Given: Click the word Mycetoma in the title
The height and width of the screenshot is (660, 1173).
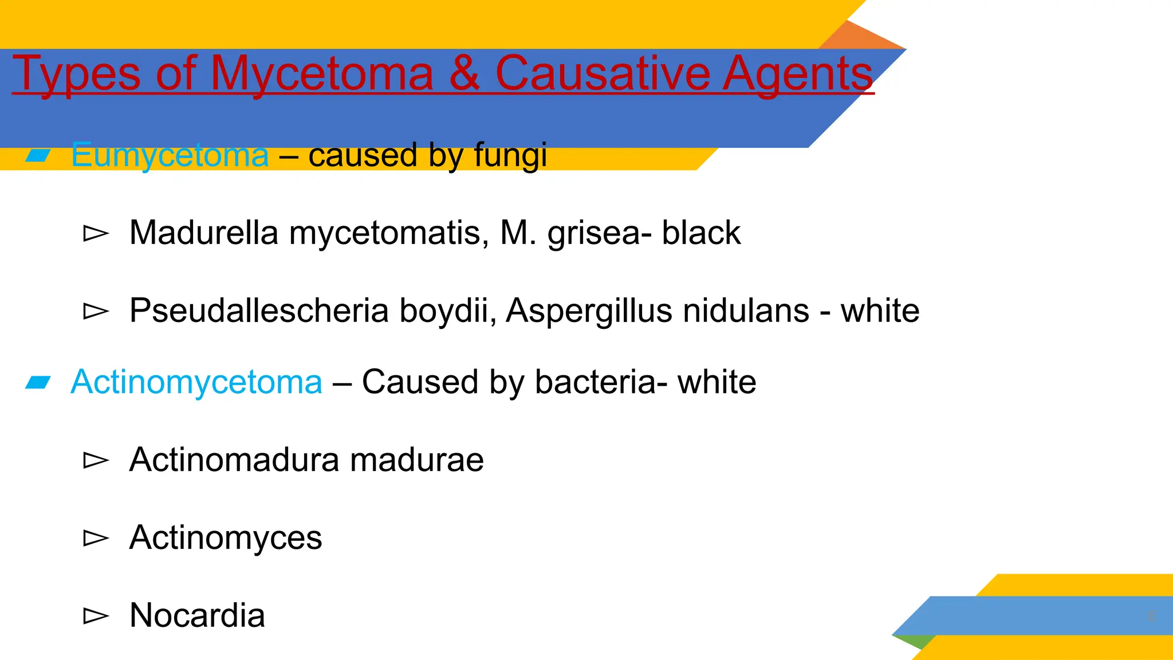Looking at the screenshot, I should (x=321, y=74).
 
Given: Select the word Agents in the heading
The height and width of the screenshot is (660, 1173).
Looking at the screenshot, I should (x=797, y=74).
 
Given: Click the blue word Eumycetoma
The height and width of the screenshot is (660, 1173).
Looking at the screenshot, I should (x=170, y=155).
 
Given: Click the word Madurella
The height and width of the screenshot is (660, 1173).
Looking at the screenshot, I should (x=204, y=233).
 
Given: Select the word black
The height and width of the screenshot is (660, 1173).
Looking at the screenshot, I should (x=701, y=233).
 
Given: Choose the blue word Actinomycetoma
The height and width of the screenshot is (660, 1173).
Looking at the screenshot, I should (x=196, y=382).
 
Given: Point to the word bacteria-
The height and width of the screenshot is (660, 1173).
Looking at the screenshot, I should (x=601, y=382).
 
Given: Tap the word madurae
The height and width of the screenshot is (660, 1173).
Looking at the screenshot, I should (x=416, y=459).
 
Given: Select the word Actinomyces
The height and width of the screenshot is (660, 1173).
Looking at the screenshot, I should (x=226, y=538).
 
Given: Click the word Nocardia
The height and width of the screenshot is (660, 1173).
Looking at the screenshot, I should (x=197, y=615).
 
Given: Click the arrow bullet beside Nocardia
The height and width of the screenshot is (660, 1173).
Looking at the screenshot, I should (x=96, y=616).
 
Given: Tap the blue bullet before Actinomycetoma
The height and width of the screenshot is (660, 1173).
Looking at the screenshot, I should (x=38, y=382).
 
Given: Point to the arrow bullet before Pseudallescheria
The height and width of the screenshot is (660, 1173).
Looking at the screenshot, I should (x=96, y=311).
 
